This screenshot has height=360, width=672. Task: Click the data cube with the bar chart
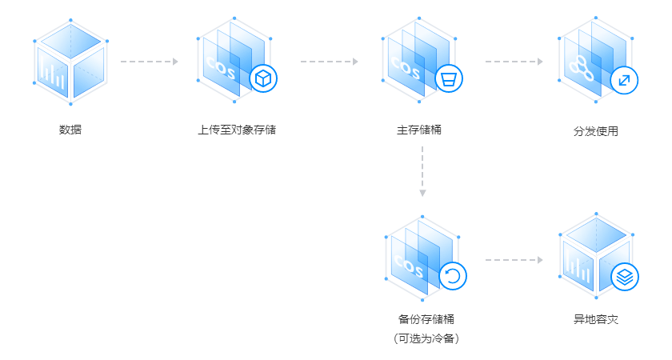[x=70, y=62]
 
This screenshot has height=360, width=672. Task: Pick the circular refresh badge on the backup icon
[x=452, y=276]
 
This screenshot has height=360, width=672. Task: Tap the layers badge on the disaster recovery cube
[x=622, y=276]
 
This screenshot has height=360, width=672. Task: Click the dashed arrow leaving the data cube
[x=149, y=61]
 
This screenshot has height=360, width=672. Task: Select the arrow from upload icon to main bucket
[x=330, y=61]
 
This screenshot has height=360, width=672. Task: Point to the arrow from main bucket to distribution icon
[x=514, y=61]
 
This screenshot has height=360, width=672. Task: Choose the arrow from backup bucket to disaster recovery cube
[x=514, y=260]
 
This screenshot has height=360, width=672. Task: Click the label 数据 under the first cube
[x=70, y=129]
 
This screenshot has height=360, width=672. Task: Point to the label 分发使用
[x=597, y=130]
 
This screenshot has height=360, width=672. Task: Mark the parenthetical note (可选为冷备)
[x=426, y=338]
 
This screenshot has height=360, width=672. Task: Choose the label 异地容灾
[x=597, y=320]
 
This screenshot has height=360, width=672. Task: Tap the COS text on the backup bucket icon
[x=408, y=263]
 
